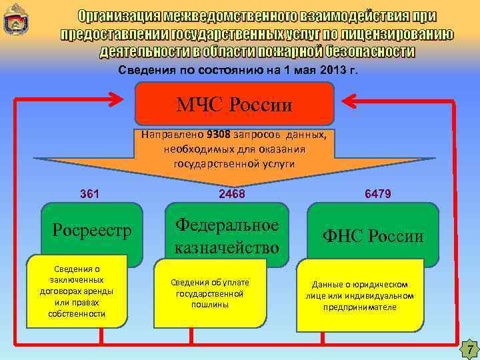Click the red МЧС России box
[x=234, y=103]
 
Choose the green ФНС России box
[x=373, y=235]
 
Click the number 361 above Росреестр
[x=89, y=194]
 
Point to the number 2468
[x=232, y=194]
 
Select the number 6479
[x=378, y=194]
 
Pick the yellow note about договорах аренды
[x=77, y=291]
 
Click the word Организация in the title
[x=123, y=16]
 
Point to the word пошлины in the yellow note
[x=210, y=304]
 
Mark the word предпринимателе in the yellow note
[x=360, y=307]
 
